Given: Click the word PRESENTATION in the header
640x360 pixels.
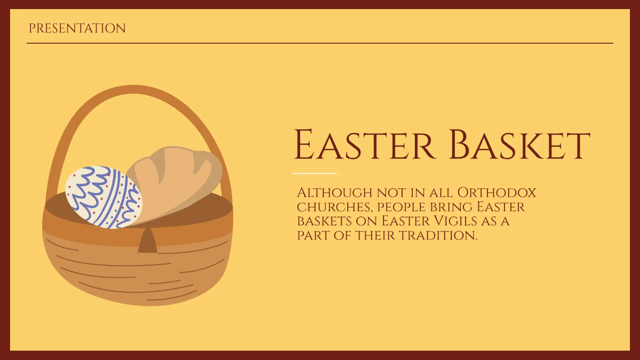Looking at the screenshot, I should click(x=77, y=28).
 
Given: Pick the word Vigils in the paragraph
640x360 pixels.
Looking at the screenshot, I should click(x=459, y=221).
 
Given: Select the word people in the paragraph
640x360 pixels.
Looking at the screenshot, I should click(x=400, y=206).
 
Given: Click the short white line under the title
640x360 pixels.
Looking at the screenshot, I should click(x=315, y=173).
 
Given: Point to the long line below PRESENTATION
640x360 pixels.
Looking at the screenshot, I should click(x=320, y=43).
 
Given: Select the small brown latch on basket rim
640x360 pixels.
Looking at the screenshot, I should click(x=147, y=241).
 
